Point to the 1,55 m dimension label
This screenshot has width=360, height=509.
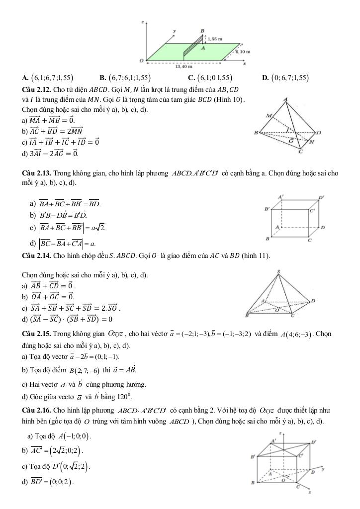click(x=215, y=38)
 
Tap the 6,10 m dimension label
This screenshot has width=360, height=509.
click(x=243, y=52)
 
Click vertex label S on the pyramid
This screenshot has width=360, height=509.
click(x=279, y=271)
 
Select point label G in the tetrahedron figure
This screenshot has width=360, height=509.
click(x=291, y=140)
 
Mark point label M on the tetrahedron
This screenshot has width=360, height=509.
click(x=269, y=116)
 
